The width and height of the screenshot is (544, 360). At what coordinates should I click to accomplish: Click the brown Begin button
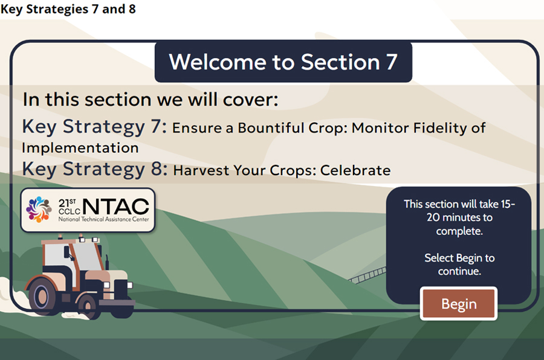click(459, 303)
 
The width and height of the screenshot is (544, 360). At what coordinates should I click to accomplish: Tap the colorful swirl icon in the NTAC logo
click(39, 210)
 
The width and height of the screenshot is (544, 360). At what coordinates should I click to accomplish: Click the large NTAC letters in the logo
click(116, 207)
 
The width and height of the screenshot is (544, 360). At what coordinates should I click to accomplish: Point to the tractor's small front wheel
click(89, 306)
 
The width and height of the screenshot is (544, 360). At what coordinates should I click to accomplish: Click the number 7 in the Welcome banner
click(392, 62)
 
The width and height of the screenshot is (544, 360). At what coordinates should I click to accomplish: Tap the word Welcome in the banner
click(218, 62)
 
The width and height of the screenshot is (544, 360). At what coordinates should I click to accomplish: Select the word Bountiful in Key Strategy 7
click(271, 127)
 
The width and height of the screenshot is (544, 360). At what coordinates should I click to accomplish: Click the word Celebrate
click(355, 170)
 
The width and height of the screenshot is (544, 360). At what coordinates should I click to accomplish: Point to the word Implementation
click(80, 148)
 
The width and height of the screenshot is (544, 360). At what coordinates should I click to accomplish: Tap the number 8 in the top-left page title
click(132, 9)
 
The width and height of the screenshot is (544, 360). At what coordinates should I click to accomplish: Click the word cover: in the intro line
click(250, 100)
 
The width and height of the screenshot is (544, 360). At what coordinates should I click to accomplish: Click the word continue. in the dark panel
click(459, 271)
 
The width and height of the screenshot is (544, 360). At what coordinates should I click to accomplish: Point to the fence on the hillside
click(368, 275)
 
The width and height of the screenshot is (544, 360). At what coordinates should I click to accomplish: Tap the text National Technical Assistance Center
click(103, 219)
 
